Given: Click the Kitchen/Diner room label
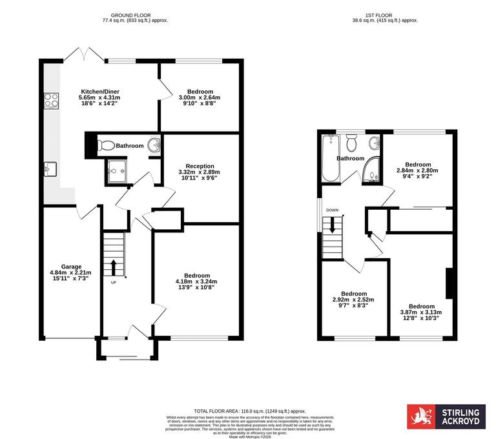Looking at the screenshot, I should [x=100, y=91].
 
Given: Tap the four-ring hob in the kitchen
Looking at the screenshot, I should [x=51, y=100].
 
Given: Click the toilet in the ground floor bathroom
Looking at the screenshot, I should [x=106, y=145].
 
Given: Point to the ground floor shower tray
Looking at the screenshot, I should [x=118, y=170].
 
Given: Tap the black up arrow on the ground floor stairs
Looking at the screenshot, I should [x=114, y=266].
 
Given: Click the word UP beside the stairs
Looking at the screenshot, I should [x=114, y=283].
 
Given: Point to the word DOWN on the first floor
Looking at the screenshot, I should [x=332, y=210].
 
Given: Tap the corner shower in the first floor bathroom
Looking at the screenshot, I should [x=371, y=168].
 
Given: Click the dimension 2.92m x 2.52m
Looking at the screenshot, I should [x=353, y=300].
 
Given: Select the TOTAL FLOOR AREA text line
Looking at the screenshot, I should [x=250, y=411].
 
